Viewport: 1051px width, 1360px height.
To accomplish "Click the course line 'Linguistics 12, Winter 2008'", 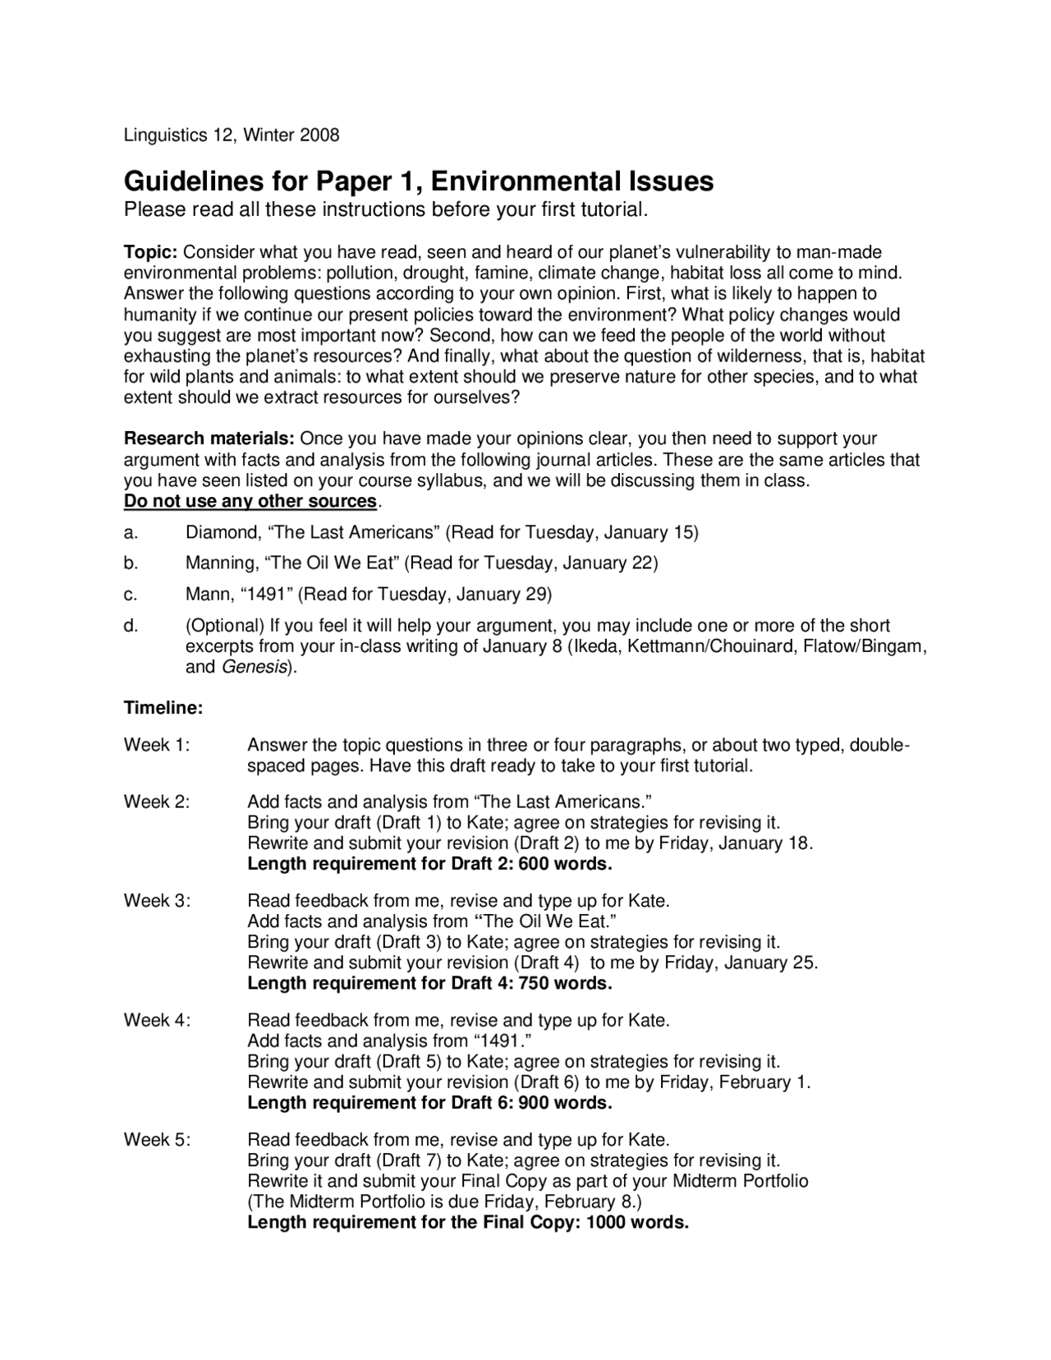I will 231,135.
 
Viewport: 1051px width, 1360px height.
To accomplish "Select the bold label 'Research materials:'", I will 209,439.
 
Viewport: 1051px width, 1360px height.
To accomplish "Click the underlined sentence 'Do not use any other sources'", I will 250,501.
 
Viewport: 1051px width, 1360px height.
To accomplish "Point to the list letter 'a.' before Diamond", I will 131,532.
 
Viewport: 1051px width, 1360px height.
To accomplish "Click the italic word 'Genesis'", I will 254,667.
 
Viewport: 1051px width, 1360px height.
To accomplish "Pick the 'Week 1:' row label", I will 156,746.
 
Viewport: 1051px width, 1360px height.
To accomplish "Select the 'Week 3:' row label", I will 156,901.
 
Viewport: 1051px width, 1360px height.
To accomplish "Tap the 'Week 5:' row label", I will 156,1140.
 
